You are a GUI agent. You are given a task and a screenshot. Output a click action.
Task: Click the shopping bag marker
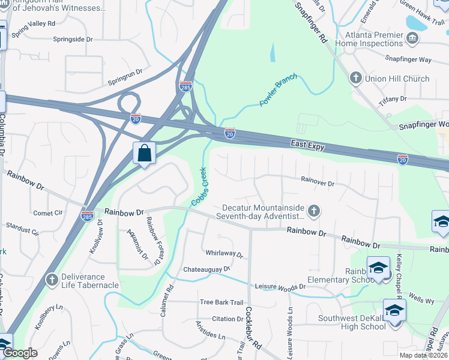(145, 153)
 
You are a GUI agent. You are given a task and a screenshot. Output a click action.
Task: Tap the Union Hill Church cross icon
(355, 79)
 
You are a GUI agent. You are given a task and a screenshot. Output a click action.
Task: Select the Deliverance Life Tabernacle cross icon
(53, 280)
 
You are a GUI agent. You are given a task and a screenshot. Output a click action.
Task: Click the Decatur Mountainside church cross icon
(313, 211)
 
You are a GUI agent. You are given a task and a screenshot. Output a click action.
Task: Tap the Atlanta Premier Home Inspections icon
(412, 39)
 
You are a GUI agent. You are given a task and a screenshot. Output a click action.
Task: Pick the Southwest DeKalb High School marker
(394, 311)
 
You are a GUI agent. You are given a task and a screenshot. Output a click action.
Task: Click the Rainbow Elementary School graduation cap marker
(379, 268)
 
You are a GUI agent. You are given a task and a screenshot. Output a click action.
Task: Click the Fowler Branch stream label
(278, 93)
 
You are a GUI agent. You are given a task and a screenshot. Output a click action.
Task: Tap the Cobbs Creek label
(199, 187)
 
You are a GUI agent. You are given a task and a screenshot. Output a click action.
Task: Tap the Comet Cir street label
(48, 213)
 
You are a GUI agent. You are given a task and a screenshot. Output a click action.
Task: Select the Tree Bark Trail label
(221, 302)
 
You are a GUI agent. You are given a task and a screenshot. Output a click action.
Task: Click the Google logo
(20, 353)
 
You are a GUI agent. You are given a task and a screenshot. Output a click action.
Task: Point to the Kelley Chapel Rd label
(399, 275)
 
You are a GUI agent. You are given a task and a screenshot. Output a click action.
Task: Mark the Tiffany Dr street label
(393, 100)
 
